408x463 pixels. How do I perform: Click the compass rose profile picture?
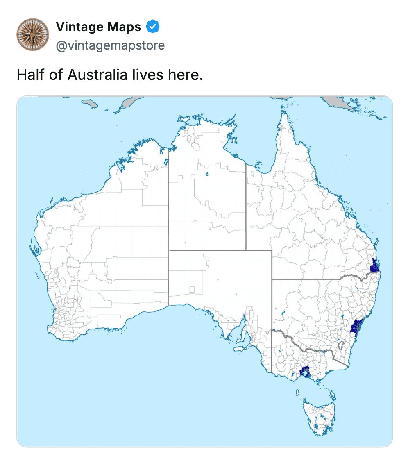33,34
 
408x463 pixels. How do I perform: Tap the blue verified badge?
153,27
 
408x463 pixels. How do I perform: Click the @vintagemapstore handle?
110,45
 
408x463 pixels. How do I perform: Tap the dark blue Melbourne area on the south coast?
305,372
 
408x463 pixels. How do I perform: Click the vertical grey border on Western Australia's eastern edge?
168,225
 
